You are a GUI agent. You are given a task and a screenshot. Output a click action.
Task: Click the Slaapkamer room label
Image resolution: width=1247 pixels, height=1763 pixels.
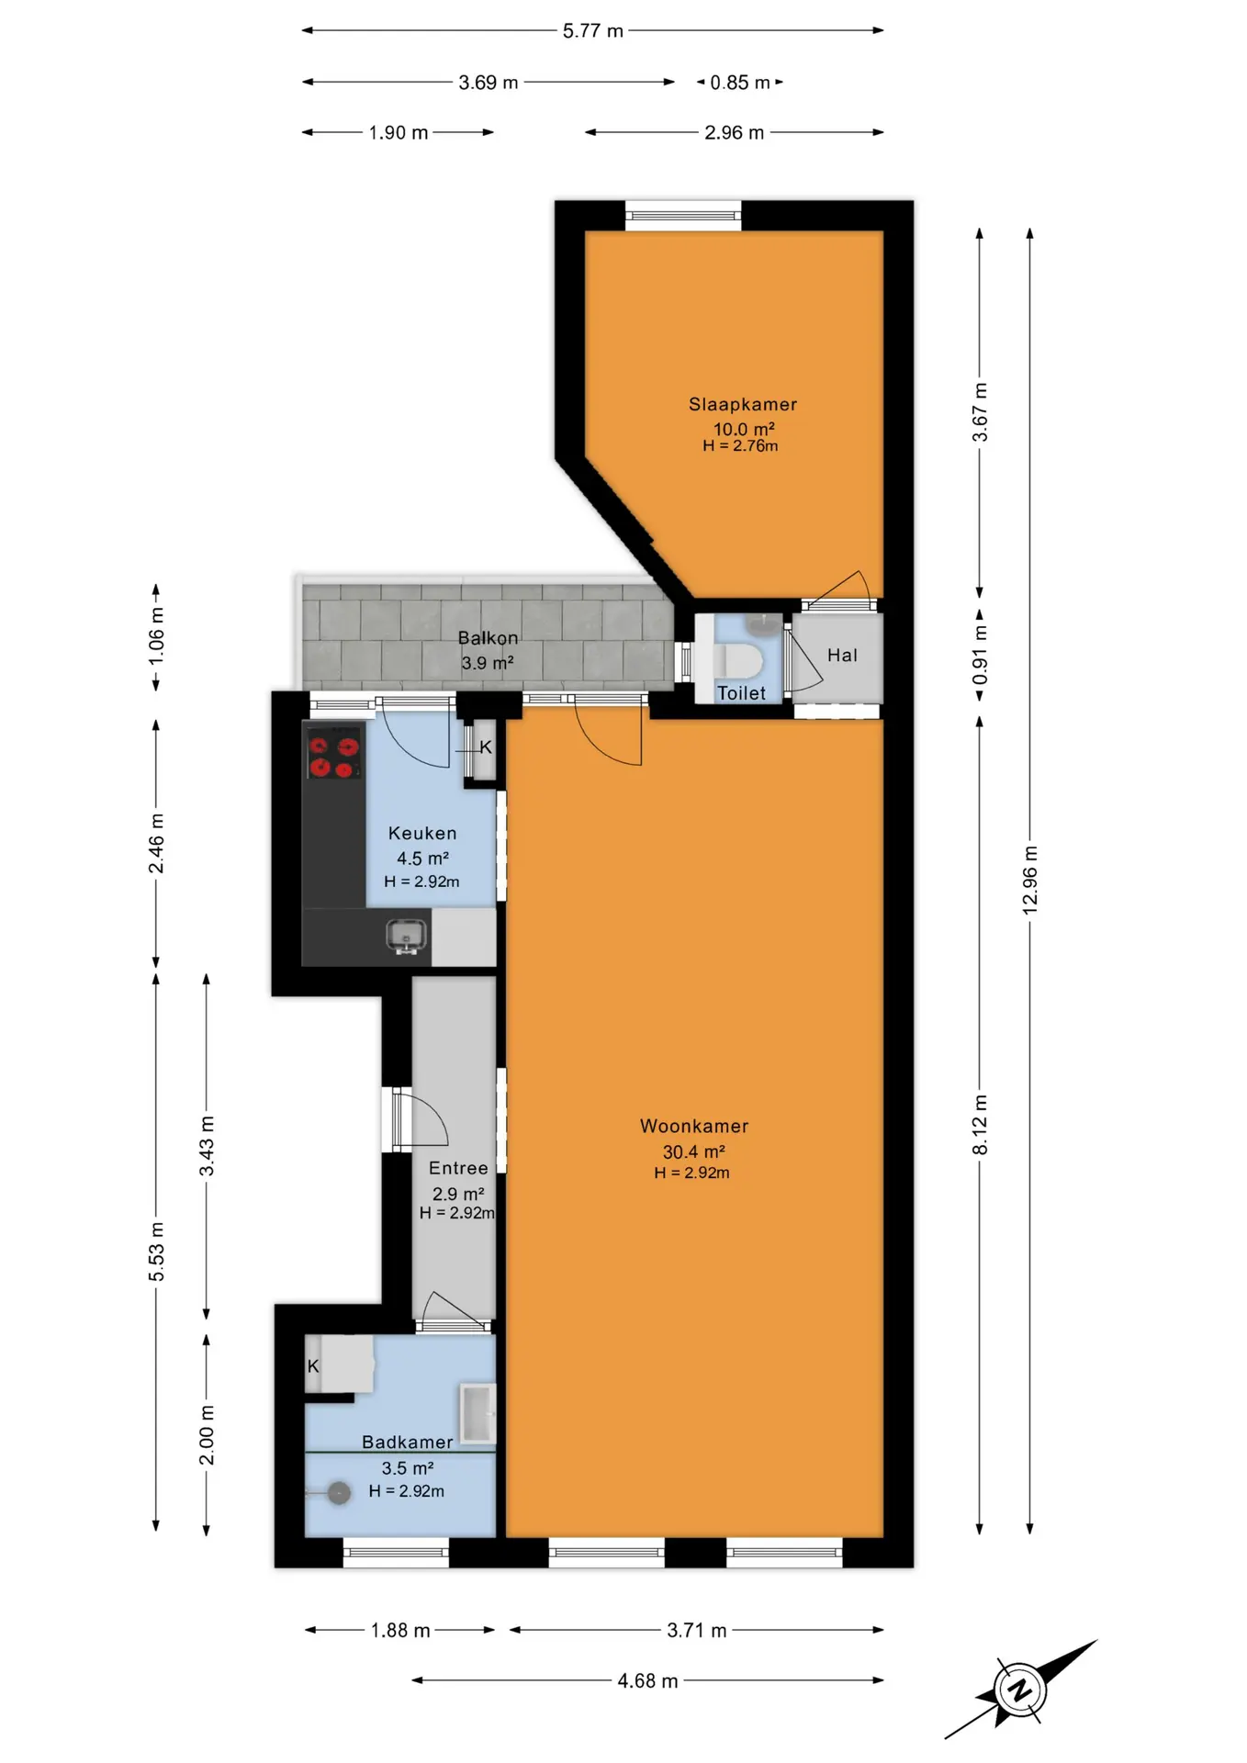tap(743, 404)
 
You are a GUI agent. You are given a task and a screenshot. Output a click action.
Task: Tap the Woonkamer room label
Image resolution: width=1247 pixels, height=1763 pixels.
tap(694, 1126)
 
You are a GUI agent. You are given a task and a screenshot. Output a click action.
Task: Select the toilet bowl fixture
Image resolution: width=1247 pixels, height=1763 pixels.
tap(738, 660)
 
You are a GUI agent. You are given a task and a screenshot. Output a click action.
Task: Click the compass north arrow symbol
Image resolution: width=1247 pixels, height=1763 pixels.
tap(1020, 1689)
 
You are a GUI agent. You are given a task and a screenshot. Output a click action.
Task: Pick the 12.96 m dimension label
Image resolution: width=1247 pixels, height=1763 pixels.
tap(1030, 879)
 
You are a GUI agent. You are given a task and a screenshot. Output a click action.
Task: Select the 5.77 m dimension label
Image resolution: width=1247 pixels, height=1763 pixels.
tap(593, 30)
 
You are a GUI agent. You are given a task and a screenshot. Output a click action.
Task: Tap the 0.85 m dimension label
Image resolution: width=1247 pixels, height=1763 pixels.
tap(740, 83)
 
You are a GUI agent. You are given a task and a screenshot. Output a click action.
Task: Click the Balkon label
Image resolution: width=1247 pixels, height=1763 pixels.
tap(488, 637)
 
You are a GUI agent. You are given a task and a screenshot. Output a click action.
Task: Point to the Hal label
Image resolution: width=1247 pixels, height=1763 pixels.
tap(842, 655)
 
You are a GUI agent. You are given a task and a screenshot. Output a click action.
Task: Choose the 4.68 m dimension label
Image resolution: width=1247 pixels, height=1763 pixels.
tap(647, 1680)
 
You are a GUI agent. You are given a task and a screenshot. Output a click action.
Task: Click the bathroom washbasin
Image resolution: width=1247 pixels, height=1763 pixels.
tap(477, 1412)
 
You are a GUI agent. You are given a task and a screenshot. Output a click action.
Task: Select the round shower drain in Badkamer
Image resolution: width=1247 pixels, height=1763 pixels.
tap(339, 1494)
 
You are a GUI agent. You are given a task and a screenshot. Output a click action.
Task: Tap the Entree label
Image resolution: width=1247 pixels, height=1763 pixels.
tap(458, 1168)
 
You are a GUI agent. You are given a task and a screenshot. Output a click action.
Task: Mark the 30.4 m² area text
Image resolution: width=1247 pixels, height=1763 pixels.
tap(694, 1151)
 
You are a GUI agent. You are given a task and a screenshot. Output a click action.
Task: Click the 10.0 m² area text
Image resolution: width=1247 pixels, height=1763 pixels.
tap(744, 429)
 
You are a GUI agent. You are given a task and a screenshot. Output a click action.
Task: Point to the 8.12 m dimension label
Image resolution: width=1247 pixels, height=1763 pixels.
tap(980, 1125)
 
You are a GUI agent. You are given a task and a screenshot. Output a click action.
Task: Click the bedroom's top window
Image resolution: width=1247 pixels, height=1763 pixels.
tap(683, 216)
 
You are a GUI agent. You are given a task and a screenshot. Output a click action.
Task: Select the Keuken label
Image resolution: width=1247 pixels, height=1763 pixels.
tap(422, 833)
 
